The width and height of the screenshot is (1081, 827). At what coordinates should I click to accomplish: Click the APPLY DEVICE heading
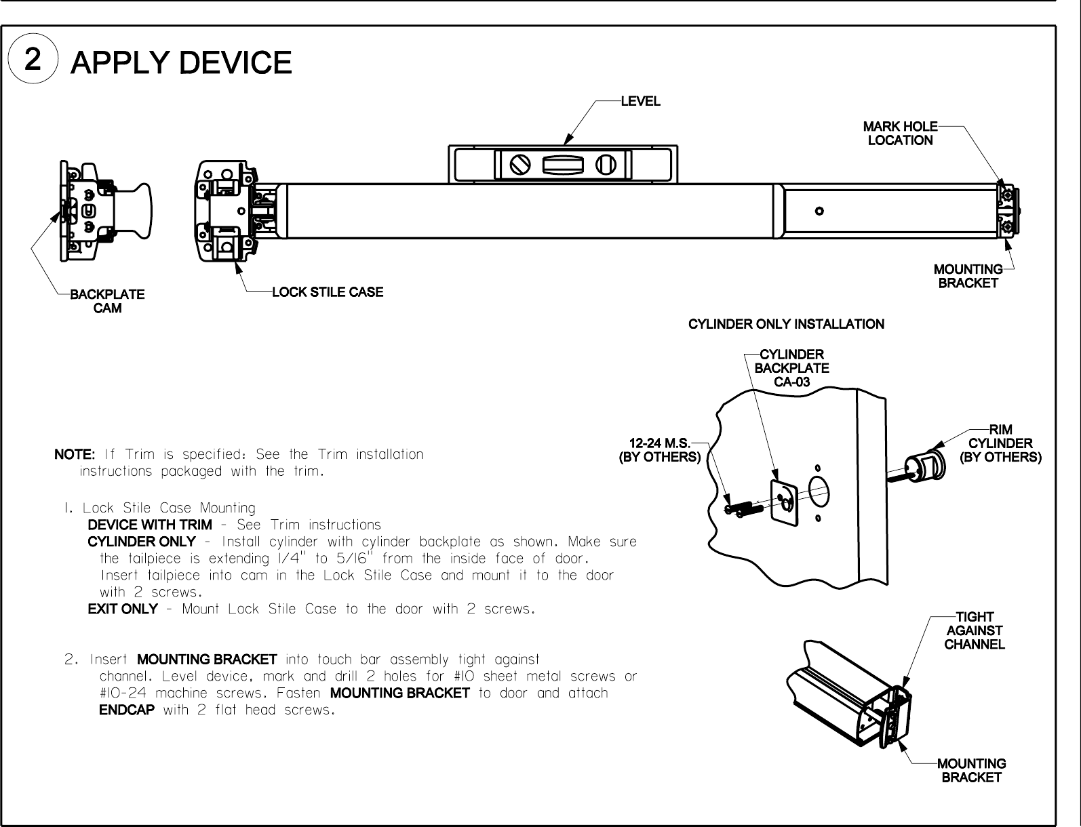pyautogui.click(x=182, y=63)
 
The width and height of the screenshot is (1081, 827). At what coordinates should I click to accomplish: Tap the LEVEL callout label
pyautogui.click(x=640, y=102)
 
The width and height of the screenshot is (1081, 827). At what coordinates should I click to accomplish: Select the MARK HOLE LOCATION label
pyautogui.click(x=900, y=134)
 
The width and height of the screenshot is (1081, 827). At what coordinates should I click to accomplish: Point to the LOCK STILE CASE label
pyautogui.click(x=328, y=292)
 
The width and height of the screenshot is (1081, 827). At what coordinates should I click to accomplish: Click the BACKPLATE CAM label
pyautogui.click(x=107, y=302)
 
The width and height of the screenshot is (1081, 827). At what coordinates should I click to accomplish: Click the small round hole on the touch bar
pyautogui.click(x=819, y=211)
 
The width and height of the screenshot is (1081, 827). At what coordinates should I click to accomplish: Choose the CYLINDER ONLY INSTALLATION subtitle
pyautogui.click(x=786, y=324)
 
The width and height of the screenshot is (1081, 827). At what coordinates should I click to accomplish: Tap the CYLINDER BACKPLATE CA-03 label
pyautogui.click(x=791, y=368)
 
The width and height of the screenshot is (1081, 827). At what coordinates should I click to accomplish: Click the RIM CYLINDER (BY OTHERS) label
pyautogui.click(x=1000, y=443)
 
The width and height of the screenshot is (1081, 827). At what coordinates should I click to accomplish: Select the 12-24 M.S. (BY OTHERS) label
pyautogui.click(x=660, y=450)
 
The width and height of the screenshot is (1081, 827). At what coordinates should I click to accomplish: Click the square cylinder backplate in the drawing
pyautogui.click(x=784, y=502)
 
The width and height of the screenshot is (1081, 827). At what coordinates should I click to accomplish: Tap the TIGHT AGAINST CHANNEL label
pyautogui.click(x=975, y=630)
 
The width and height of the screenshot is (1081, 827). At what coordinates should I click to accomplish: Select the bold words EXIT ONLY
pyautogui.click(x=123, y=609)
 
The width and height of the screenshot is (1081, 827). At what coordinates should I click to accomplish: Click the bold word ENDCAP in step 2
pyautogui.click(x=127, y=710)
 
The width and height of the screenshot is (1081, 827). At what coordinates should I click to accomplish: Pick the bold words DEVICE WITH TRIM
pyautogui.click(x=149, y=525)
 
